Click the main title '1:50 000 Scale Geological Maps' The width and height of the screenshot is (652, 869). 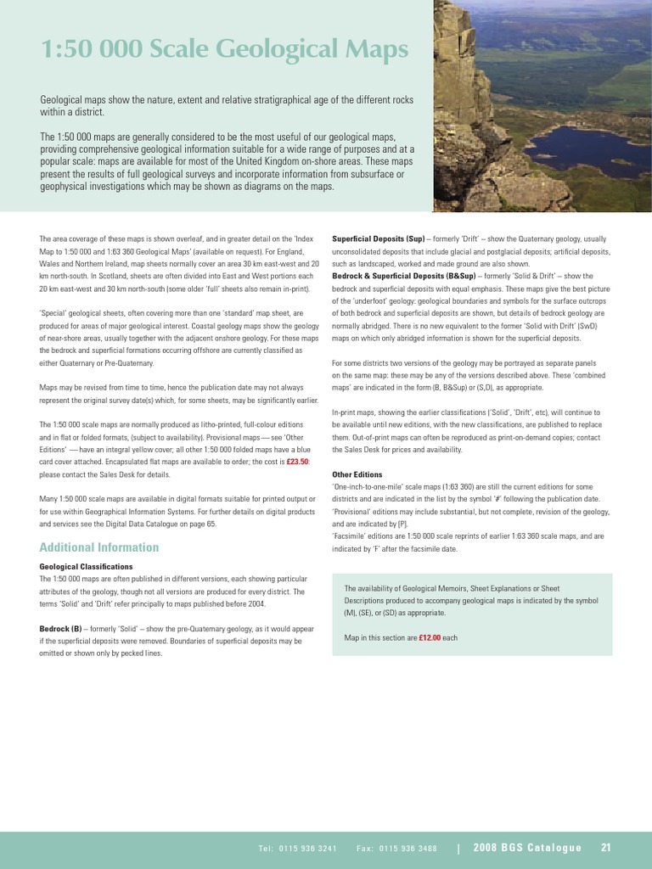point(224,51)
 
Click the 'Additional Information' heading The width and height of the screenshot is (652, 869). point(99,547)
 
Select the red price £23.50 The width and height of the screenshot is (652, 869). point(297,462)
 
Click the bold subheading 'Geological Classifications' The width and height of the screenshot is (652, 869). point(87,566)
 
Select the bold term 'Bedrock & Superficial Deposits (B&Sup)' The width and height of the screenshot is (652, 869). point(403,277)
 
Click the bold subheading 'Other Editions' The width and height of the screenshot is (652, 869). point(357,474)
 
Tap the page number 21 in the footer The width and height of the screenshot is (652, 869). point(606,847)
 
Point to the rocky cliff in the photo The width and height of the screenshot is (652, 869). point(463,102)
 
